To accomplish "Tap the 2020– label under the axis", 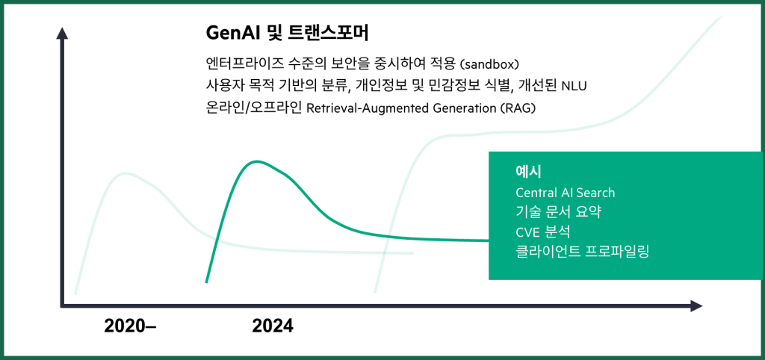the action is point(130,326).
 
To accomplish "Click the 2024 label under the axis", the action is point(273,326).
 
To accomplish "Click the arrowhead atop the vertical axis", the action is point(62,33).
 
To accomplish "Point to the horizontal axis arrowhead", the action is point(697,306).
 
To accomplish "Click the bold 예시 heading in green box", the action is point(528,172).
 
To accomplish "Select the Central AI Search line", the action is point(565,193).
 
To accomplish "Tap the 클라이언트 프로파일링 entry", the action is point(582,252).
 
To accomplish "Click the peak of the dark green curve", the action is point(256,161).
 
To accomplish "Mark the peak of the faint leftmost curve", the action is point(126,173).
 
